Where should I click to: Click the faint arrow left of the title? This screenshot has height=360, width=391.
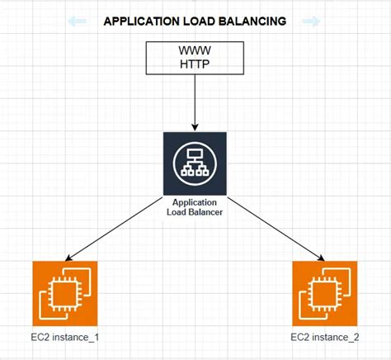point(78,21)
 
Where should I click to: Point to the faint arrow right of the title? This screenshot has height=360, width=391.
point(311,21)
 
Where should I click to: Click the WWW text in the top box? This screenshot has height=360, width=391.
point(195,52)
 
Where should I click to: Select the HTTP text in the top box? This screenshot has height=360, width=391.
point(195,66)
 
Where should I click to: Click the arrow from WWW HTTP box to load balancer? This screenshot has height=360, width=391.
point(195,103)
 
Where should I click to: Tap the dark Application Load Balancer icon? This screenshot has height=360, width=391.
point(195,162)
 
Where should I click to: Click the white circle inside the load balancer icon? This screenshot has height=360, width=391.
point(195,162)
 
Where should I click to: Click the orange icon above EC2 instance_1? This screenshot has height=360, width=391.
point(65,293)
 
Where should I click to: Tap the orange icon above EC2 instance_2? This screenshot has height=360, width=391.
point(325,293)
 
